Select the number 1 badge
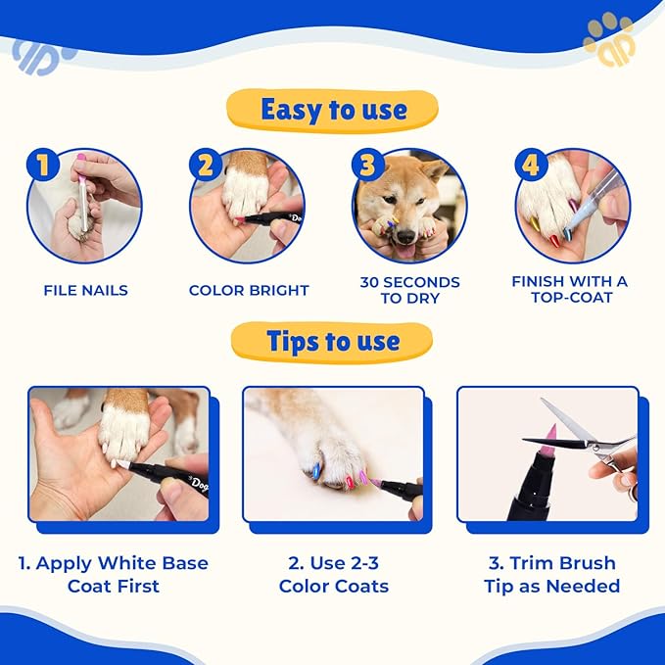coord(42,165)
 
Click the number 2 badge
coord(206,165)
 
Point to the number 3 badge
coord(367,165)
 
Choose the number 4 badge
coord(530,165)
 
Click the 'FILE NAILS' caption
coord(85,290)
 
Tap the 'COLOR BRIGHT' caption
coord(249,290)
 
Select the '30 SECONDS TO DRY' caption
coord(409,290)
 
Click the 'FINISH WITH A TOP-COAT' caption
coord(570,289)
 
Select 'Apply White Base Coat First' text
coord(114,574)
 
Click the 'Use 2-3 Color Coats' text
coord(334,574)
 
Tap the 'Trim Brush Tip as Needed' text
coord(551,574)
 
